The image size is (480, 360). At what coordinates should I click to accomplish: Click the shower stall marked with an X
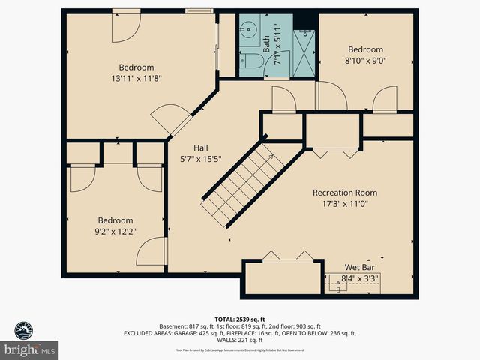pyautogui.click(x=304, y=49)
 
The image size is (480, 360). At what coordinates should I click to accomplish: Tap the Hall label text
pyautogui.click(x=200, y=148)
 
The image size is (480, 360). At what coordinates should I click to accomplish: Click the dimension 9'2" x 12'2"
pyautogui.click(x=115, y=231)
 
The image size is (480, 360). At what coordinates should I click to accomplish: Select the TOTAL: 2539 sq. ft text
pyautogui.click(x=240, y=318)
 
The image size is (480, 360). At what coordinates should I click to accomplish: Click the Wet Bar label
pyautogui.click(x=359, y=267)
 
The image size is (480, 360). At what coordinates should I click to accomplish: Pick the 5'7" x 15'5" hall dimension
pyautogui.click(x=200, y=158)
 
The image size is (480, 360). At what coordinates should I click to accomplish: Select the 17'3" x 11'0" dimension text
pyautogui.click(x=345, y=203)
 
